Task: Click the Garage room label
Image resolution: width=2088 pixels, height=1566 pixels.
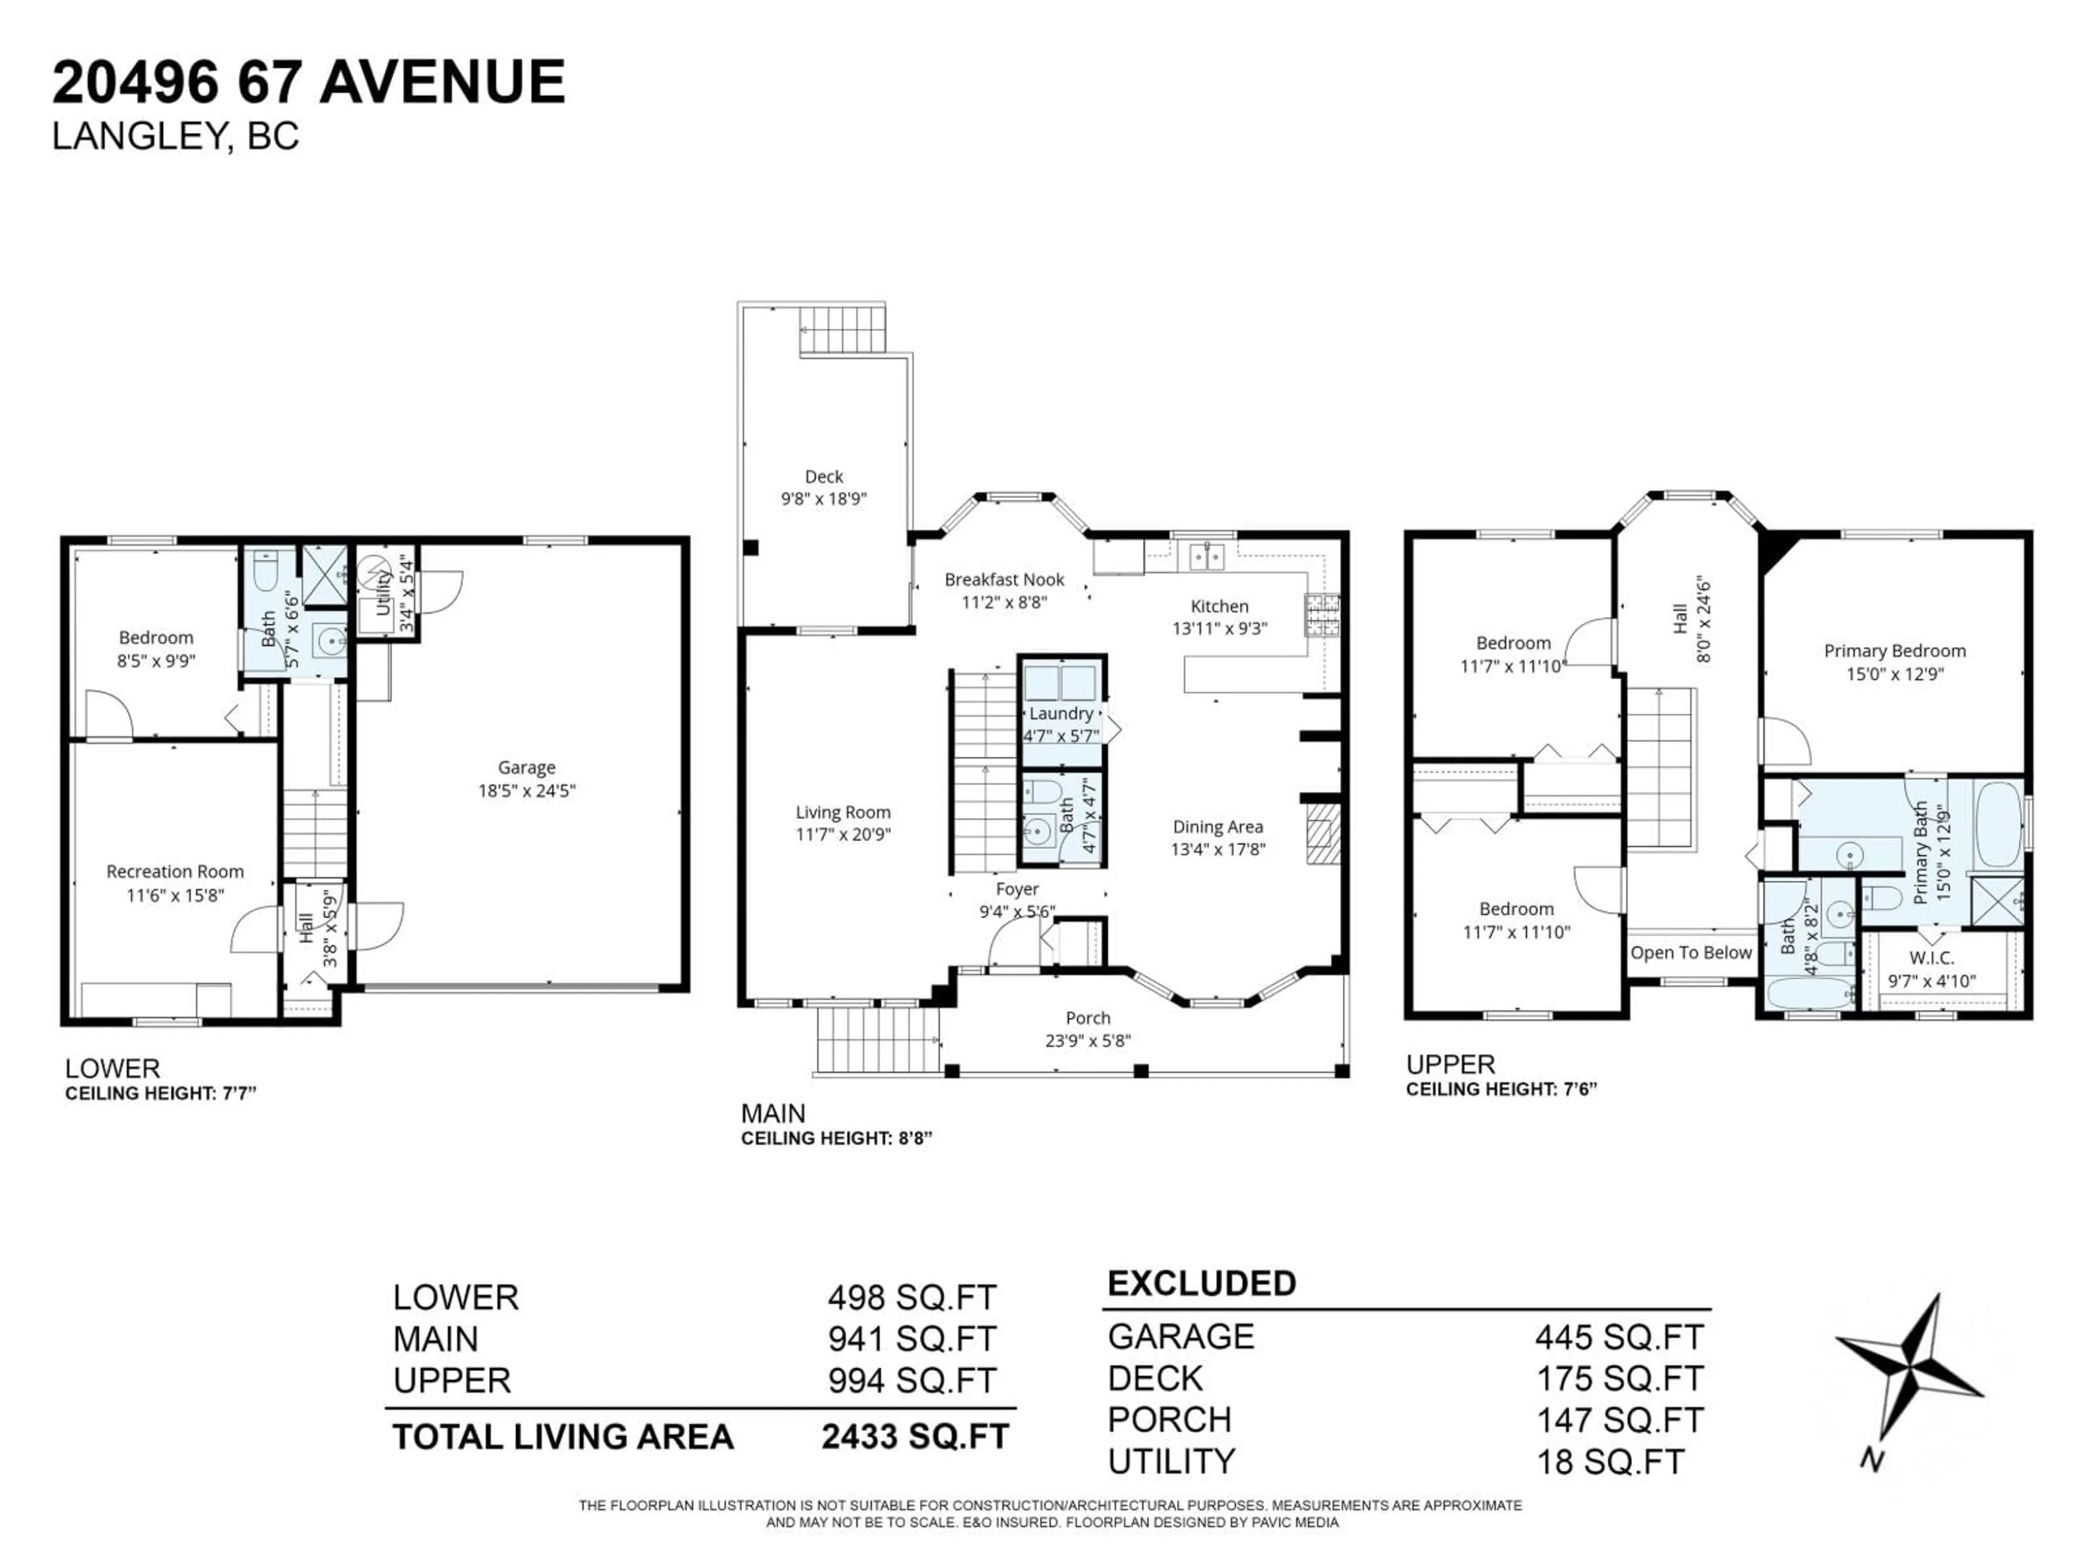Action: coord(527,767)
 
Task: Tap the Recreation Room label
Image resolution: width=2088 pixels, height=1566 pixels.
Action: coord(175,871)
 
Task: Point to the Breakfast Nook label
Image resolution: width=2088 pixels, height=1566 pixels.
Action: coord(1004,580)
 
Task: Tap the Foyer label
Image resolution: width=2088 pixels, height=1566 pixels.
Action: coord(1017,889)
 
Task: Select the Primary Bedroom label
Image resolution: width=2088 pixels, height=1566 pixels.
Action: coord(1894,650)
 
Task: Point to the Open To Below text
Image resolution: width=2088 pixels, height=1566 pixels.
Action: coord(1691,953)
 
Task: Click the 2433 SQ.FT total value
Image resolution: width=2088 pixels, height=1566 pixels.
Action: coord(915,1437)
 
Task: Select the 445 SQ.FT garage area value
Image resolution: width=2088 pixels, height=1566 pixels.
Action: coord(1619,1338)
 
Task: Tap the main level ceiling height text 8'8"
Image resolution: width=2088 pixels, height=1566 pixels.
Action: coord(913,1139)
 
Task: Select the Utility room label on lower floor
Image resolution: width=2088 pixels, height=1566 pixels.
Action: coord(383,593)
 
